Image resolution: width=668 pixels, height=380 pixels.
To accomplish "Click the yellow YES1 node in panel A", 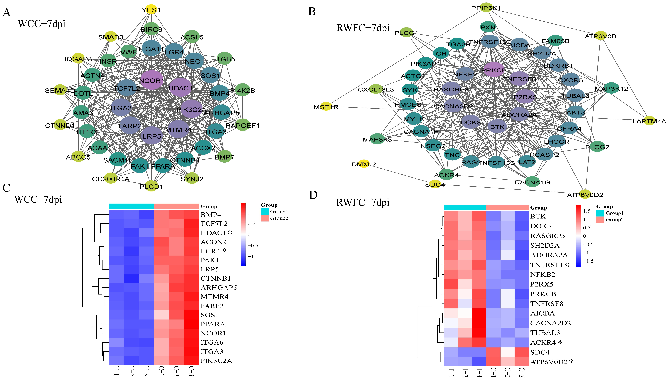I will point(151,10).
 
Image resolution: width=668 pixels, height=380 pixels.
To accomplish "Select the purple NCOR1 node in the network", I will point(152,80).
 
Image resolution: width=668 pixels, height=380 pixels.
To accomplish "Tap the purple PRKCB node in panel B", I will point(493,70).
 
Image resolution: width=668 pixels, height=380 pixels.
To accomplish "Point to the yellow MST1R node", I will point(326,107).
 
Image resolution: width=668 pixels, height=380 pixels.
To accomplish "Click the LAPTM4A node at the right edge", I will point(649,121).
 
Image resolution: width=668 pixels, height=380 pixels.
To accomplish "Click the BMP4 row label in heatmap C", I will point(211,215).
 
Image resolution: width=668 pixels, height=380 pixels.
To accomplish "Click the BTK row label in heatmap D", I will point(538,216).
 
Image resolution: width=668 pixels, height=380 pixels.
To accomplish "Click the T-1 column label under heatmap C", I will point(116,371).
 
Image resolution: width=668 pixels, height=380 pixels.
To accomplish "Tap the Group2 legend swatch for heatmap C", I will point(265,218).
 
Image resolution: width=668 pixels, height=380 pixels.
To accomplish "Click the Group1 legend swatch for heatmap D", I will point(600,213).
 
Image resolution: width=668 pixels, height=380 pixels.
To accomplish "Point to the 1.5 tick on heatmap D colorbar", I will point(587,211).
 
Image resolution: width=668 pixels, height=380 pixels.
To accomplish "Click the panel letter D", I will point(313,195).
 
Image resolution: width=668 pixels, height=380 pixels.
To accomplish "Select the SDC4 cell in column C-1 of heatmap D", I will point(493,352).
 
